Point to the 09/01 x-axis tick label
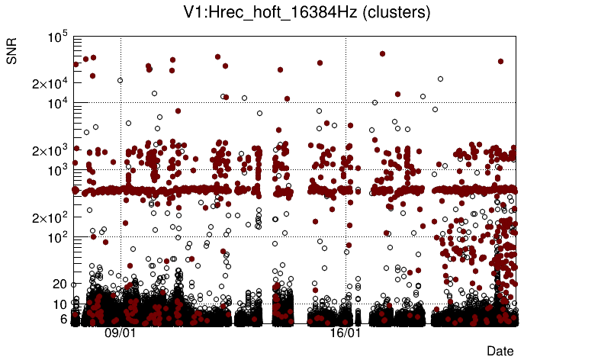(x=120, y=333)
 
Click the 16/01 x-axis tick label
(x=346, y=333)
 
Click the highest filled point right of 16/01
(x=382, y=53)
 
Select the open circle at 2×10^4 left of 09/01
(x=120, y=80)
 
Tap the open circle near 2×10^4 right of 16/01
(x=440, y=79)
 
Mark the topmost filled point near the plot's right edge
(x=500, y=61)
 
